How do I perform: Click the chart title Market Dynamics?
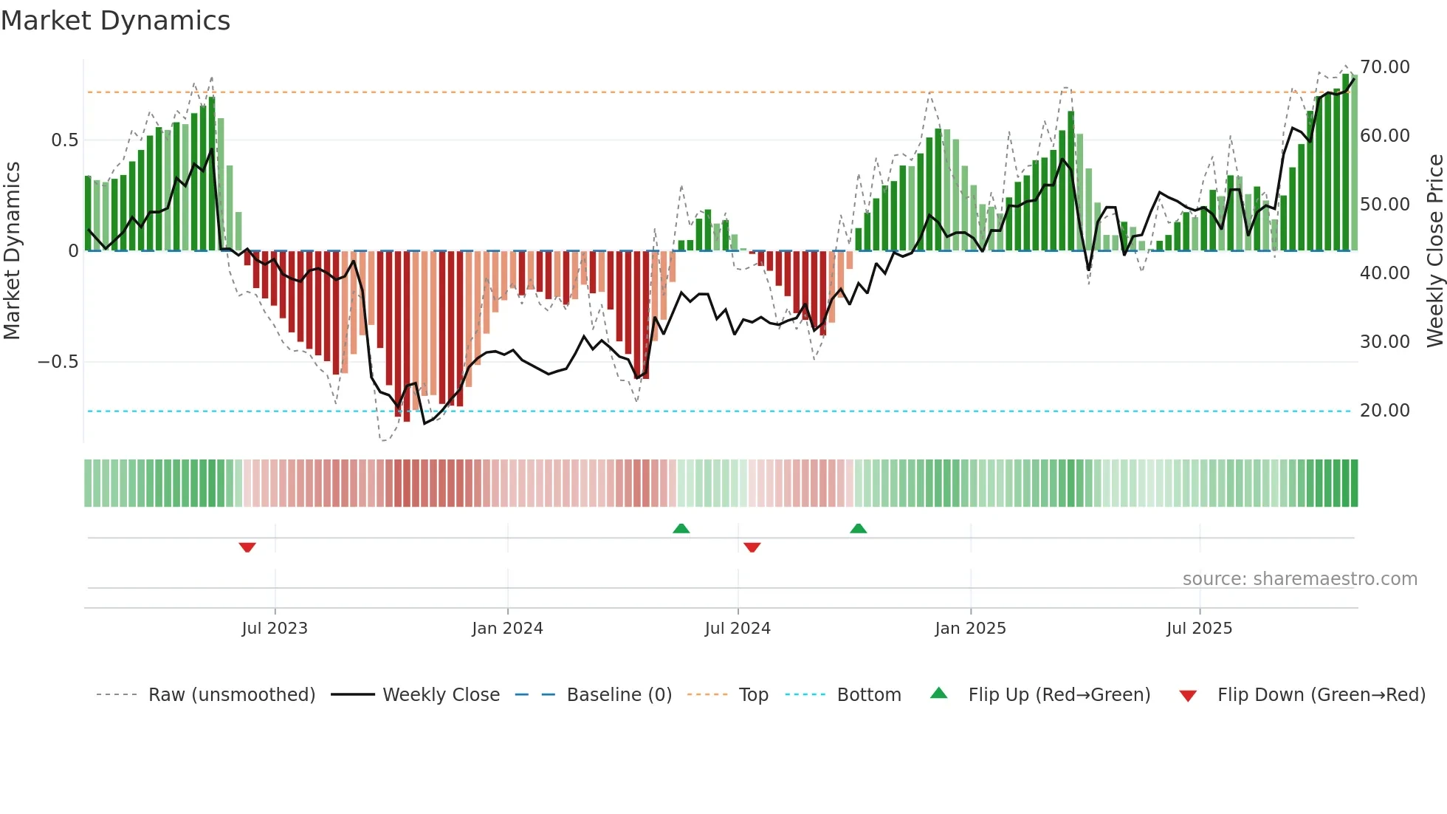(115, 21)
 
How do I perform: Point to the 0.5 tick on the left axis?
(64, 140)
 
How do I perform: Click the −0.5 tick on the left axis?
(58, 362)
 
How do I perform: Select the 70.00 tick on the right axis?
(1384, 67)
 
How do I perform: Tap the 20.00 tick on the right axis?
(1384, 411)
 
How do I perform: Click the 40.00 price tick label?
(1384, 273)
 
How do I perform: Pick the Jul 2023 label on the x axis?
(275, 629)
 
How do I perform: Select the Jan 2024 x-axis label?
(507, 629)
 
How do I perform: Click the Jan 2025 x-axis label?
(970, 629)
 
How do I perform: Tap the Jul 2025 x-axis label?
(1199, 629)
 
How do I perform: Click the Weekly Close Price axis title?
(1434, 250)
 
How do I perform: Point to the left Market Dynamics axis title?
(12, 250)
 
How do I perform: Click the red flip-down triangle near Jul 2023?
(247, 547)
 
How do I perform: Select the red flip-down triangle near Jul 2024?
(752, 547)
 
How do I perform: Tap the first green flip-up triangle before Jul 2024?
(681, 528)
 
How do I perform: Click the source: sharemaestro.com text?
(1299, 579)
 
